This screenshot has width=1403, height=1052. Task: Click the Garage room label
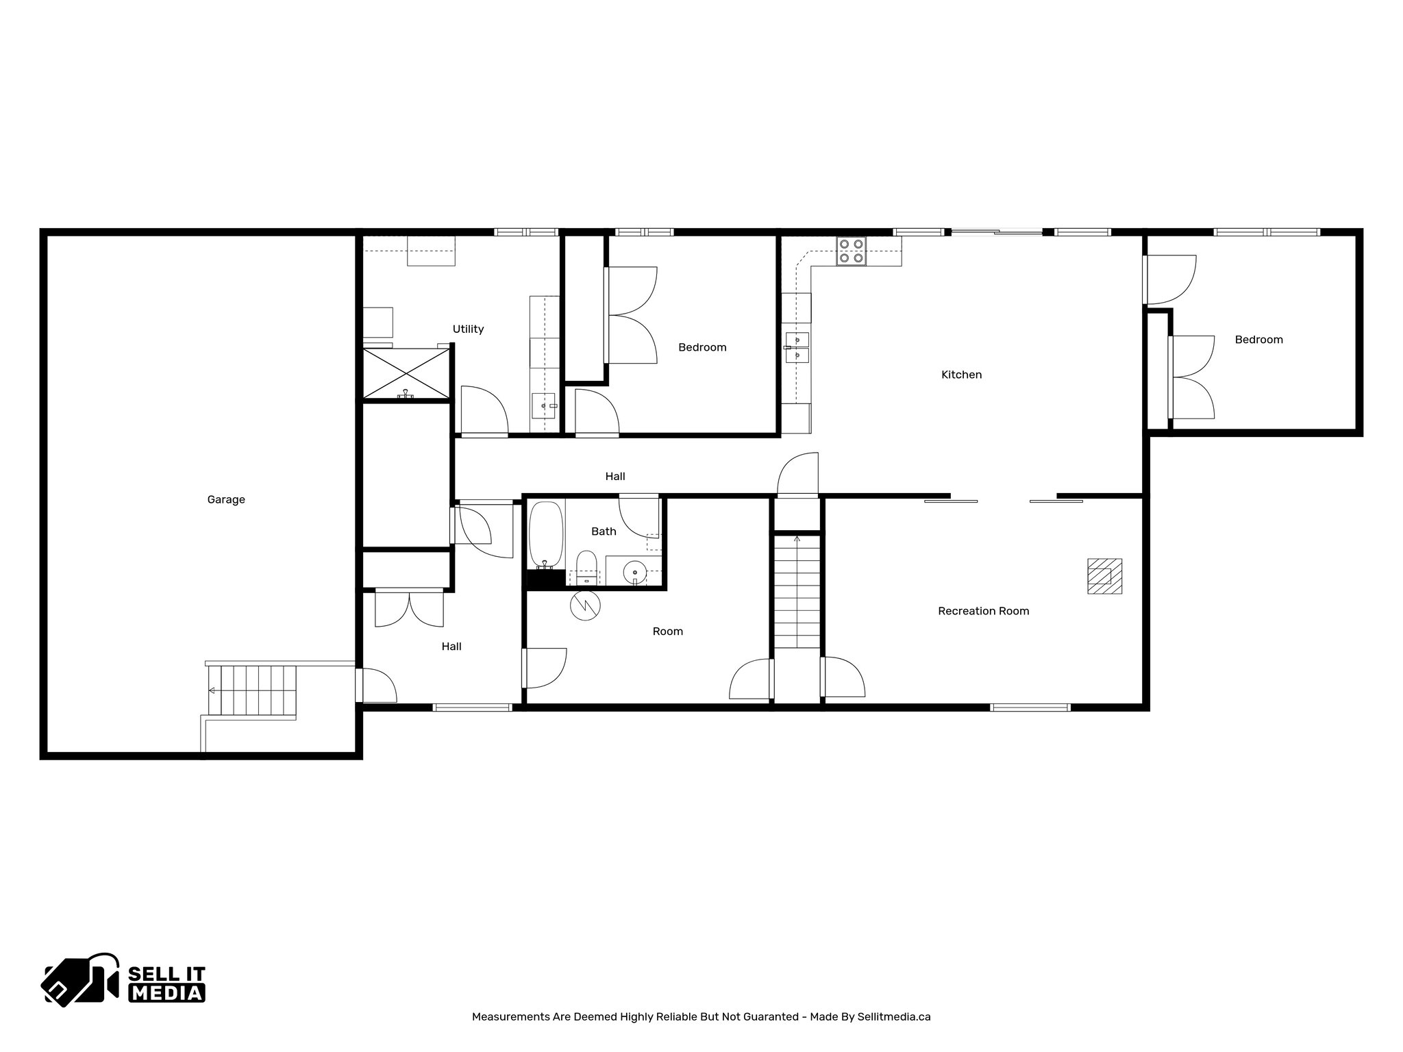226,500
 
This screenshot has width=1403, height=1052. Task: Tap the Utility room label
468,329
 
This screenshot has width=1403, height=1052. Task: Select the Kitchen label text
961,375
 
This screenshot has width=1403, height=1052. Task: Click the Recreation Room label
983,611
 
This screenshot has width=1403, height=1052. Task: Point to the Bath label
604,531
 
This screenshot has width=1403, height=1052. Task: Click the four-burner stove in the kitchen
851,251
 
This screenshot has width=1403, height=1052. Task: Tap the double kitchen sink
797,347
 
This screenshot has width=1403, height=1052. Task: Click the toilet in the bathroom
586,568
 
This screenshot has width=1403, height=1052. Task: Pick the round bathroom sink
635,571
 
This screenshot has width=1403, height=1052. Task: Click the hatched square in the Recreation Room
1104,576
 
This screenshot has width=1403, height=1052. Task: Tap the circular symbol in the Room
585,605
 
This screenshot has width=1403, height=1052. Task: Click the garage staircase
252,690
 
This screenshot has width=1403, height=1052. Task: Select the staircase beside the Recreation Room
797,592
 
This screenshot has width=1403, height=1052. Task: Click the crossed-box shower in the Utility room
407,373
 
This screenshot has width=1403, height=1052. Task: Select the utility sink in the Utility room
545,406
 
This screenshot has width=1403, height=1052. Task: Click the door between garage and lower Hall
360,685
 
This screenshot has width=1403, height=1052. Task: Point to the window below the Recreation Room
1030,707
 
